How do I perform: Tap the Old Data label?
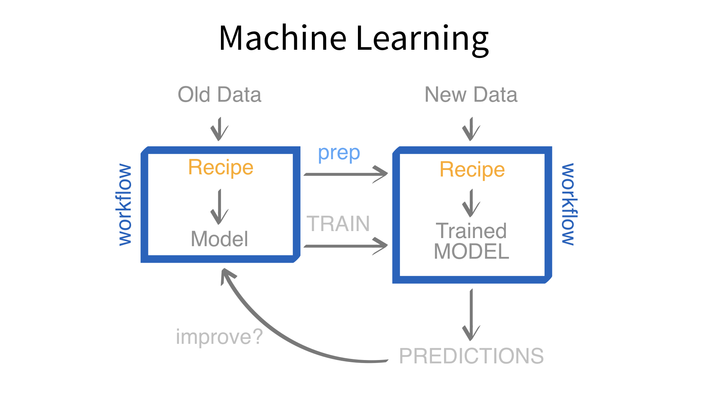(219, 95)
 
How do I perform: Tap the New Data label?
(471, 95)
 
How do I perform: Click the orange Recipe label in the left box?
(221, 167)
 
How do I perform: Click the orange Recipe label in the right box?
(472, 170)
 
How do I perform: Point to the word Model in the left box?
(219, 239)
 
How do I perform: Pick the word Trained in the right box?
(471, 231)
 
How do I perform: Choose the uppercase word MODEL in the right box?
(471, 251)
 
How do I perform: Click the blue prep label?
(339, 153)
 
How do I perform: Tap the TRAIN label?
(338, 224)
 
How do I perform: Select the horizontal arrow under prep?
(345, 174)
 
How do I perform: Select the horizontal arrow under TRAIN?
(345, 246)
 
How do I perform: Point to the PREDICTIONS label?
(471, 356)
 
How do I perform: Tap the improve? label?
(219, 337)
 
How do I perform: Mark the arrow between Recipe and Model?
(219, 207)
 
